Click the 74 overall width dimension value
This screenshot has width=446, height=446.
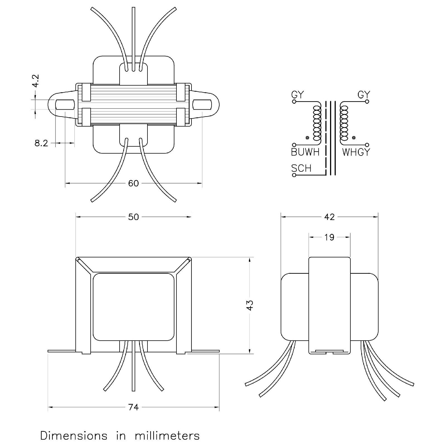(133, 407)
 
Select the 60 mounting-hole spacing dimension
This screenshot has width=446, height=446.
(133, 183)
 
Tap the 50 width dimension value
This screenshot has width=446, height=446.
(133, 217)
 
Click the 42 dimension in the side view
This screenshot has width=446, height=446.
(329, 217)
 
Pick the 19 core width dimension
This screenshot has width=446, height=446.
(329, 237)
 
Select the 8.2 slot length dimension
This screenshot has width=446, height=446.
(41, 143)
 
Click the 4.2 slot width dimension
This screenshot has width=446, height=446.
(36, 81)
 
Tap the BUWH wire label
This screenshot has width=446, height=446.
(305, 152)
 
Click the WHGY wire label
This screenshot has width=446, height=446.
(356, 152)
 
